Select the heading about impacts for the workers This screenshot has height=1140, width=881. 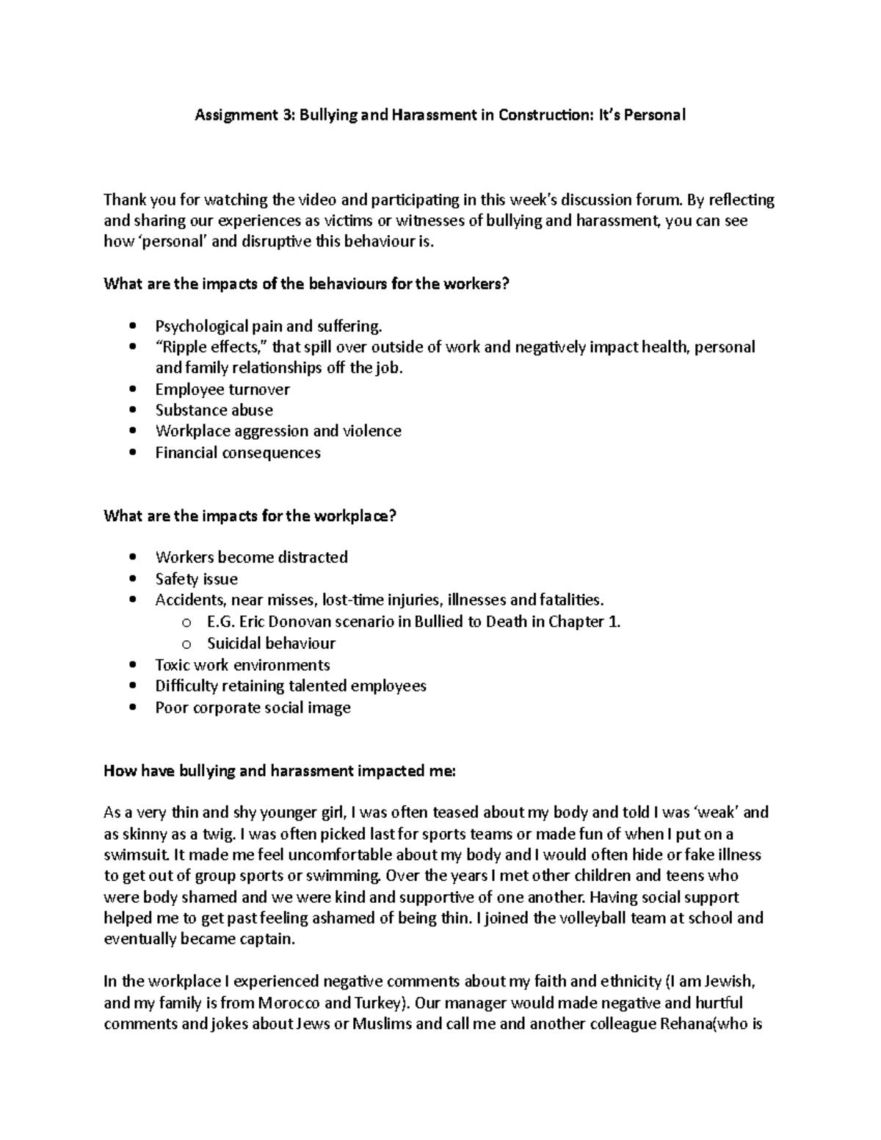click(x=306, y=283)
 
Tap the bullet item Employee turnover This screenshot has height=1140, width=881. click(x=222, y=389)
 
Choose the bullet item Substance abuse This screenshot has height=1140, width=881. click(x=214, y=410)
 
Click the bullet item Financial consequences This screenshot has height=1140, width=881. click(x=238, y=452)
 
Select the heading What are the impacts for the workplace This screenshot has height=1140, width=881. click(x=250, y=515)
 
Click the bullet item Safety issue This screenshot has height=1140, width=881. click(x=196, y=579)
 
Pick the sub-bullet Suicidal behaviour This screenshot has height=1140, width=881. click(x=271, y=643)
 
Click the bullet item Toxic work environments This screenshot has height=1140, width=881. click(x=242, y=665)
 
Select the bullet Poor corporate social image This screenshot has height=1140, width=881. click(x=253, y=708)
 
